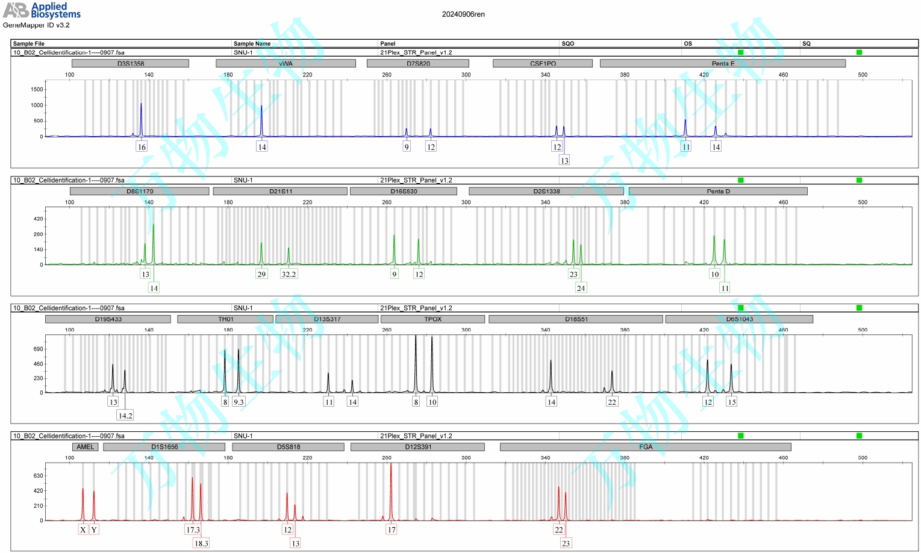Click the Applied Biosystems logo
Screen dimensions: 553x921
point(42,10)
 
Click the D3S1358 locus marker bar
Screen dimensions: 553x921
point(130,63)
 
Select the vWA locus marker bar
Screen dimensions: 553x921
point(286,63)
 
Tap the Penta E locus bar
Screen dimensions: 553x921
point(723,63)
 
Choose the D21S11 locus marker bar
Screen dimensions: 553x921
point(280,191)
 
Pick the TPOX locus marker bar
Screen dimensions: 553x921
point(432,319)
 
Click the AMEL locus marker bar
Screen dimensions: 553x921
point(85,447)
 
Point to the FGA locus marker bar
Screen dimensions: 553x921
point(645,447)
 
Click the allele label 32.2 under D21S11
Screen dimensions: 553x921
point(289,274)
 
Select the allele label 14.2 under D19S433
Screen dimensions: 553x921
point(125,416)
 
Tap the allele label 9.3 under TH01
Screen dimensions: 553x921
point(239,402)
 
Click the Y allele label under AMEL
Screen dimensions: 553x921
point(94,530)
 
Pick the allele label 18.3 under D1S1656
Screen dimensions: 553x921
point(201,543)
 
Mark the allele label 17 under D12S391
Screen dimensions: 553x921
point(392,530)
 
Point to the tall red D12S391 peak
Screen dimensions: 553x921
point(391,482)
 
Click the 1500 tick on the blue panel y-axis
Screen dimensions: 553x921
point(37,90)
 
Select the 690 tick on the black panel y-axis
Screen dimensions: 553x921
point(38,349)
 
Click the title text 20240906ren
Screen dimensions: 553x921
point(463,14)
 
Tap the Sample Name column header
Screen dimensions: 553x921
point(252,43)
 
